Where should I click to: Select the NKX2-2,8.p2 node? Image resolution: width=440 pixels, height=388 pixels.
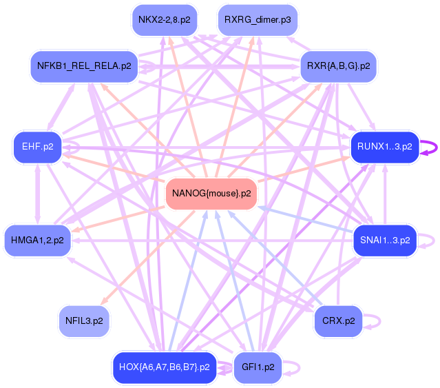[x=163, y=19]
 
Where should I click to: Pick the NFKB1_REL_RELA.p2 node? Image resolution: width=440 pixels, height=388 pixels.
[x=84, y=67]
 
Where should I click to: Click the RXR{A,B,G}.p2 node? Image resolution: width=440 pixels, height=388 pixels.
[x=338, y=67]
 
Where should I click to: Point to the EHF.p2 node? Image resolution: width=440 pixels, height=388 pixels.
[x=33, y=147]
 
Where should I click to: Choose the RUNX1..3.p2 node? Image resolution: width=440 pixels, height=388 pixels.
[x=384, y=147]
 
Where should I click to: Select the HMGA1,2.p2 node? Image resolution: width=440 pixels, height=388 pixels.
[x=37, y=241]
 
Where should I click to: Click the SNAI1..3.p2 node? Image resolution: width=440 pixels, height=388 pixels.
[x=385, y=241]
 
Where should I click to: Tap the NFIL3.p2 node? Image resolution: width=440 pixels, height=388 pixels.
[x=84, y=320]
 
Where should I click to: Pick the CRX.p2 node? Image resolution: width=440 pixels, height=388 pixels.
[x=338, y=320]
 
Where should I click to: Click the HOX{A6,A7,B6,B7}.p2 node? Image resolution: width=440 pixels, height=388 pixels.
[x=164, y=367]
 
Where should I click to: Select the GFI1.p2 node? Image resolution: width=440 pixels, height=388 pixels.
[x=258, y=367]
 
